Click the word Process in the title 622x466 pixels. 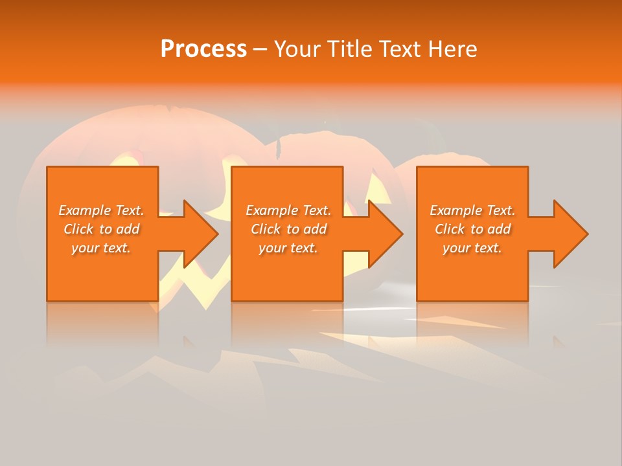203,49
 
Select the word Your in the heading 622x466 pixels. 297,49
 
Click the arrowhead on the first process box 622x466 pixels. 198,234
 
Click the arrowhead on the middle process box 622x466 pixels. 384,234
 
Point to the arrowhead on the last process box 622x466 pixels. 569,234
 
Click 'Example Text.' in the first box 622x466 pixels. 101,210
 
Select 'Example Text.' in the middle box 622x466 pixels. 288,210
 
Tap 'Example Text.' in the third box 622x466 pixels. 472,210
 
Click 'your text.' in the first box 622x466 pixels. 101,248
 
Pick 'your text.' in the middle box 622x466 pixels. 288,248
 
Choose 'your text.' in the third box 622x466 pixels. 472,248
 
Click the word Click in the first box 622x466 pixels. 78,229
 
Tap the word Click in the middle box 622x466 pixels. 266,229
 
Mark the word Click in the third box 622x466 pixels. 450,229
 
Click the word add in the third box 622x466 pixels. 500,229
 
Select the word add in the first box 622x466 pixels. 128,229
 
